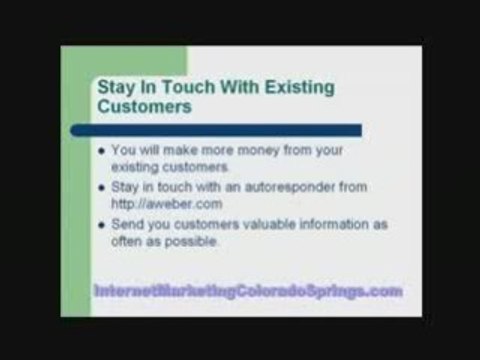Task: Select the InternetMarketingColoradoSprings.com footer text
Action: tap(248, 291)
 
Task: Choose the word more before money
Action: tap(233, 150)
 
